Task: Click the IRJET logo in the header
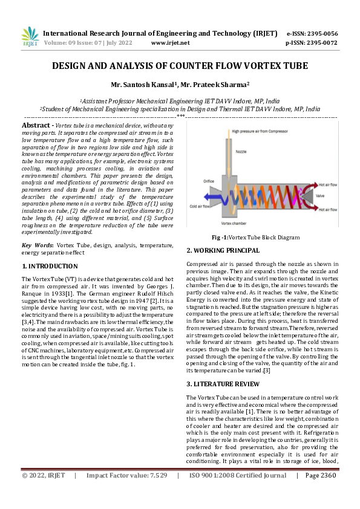coord(30,37)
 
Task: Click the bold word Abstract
coord(36,125)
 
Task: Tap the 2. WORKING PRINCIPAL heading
coord(223,250)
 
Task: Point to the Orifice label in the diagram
coord(209,181)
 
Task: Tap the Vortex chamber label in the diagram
coord(238,223)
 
